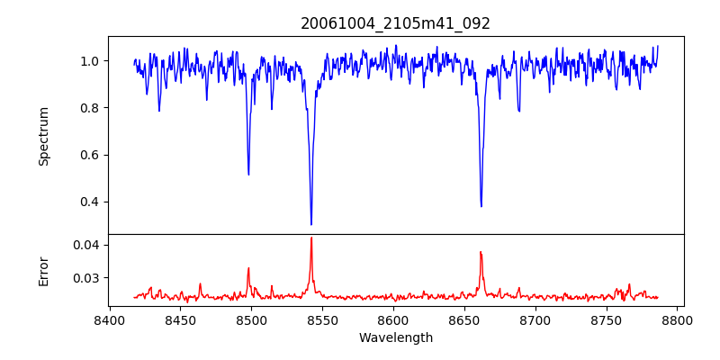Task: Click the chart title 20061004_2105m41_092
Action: (395, 23)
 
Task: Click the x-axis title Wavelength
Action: (395, 337)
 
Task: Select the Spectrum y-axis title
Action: (44, 136)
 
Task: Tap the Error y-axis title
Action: (44, 270)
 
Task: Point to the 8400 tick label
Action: (109, 319)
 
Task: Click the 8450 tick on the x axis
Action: (180, 319)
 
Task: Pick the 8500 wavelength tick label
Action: (251, 319)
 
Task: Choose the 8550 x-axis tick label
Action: (322, 319)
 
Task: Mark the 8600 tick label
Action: (393, 319)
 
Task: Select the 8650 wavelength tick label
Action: (464, 319)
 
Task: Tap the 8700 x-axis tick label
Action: (535, 319)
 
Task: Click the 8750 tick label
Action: (607, 319)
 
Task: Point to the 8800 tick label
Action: (678, 319)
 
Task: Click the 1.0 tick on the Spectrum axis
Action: (90, 61)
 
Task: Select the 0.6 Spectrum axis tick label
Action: (90, 155)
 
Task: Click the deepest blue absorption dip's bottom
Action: (311, 224)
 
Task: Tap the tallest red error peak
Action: (311, 238)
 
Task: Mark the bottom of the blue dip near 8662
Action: (481, 206)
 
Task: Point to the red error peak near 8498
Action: (248, 268)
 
